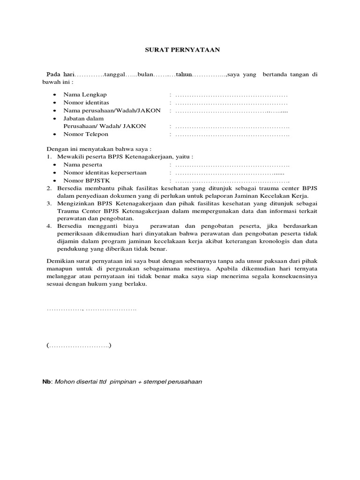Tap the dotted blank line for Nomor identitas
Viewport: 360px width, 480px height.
(x=231, y=103)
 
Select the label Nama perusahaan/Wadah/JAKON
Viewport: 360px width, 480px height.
(x=112, y=111)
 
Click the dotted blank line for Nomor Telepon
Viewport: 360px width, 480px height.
(x=232, y=135)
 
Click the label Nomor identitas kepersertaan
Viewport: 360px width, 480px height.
(x=105, y=173)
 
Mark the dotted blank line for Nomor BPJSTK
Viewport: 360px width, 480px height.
(x=232, y=181)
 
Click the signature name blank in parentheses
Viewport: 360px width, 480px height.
(x=79, y=346)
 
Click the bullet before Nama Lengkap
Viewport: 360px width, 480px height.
(x=55, y=95)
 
